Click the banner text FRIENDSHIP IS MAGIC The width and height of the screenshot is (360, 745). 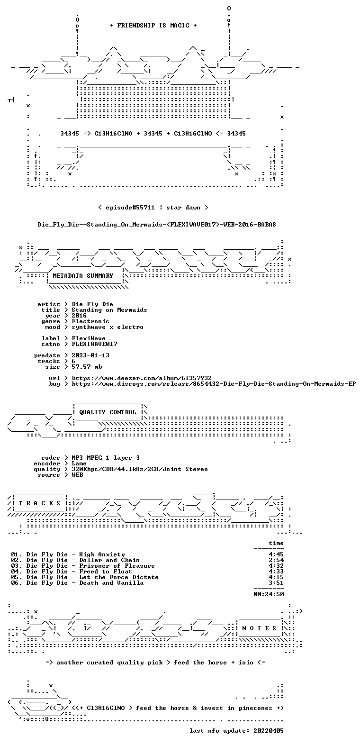153,25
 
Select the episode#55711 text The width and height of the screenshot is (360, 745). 130,208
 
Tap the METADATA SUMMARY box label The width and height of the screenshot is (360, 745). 83,276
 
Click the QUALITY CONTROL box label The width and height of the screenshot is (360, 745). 108,412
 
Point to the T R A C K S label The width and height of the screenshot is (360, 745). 40,503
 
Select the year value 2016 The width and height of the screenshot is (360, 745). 79,316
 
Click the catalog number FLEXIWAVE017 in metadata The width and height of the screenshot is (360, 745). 94,344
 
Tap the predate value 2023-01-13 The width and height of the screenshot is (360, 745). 90,355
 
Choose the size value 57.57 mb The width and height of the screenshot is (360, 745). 87,367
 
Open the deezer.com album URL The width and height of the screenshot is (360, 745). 142,378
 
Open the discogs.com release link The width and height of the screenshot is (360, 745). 214,384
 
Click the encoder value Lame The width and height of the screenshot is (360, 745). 79,463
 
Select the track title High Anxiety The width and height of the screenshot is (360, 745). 102,554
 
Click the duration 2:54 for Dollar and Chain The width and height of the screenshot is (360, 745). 276,560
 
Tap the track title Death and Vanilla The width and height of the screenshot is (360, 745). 111,583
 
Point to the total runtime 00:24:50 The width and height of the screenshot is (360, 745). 269,594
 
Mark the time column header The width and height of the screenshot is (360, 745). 276,543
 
